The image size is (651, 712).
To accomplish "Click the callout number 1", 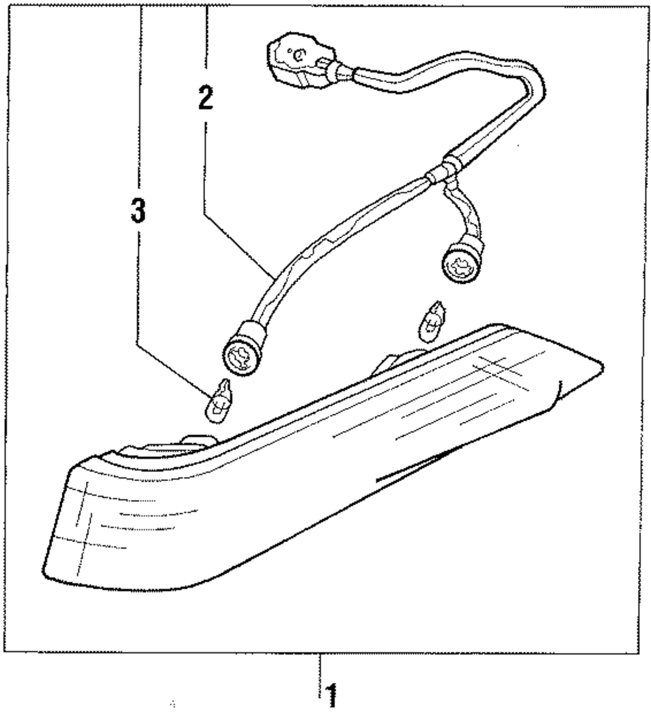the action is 332,695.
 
